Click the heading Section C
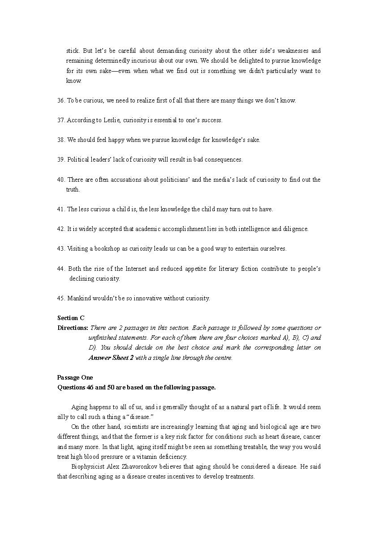[71, 318]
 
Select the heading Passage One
[75, 377]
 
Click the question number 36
[61, 100]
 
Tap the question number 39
[61, 159]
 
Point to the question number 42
[61, 229]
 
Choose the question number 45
[61, 298]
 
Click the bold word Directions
[73, 328]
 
